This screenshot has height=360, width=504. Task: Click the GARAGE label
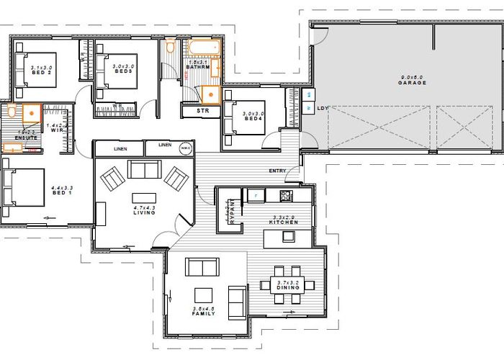point(413,83)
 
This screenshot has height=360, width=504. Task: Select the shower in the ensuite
point(32,113)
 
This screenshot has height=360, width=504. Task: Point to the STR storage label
point(202,112)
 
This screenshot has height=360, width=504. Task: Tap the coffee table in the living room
point(144,197)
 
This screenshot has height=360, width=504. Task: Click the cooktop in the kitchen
point(285,195)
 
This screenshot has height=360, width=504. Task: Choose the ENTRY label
point(276,171)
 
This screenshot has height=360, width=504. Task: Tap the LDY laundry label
point(323,108)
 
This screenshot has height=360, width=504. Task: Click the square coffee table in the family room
point(204,294)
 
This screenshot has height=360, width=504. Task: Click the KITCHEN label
point(284,222)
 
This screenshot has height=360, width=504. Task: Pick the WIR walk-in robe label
point(57,130)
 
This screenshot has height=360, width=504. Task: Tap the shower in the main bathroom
point(210,93)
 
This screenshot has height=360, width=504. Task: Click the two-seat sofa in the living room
point(144,169)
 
